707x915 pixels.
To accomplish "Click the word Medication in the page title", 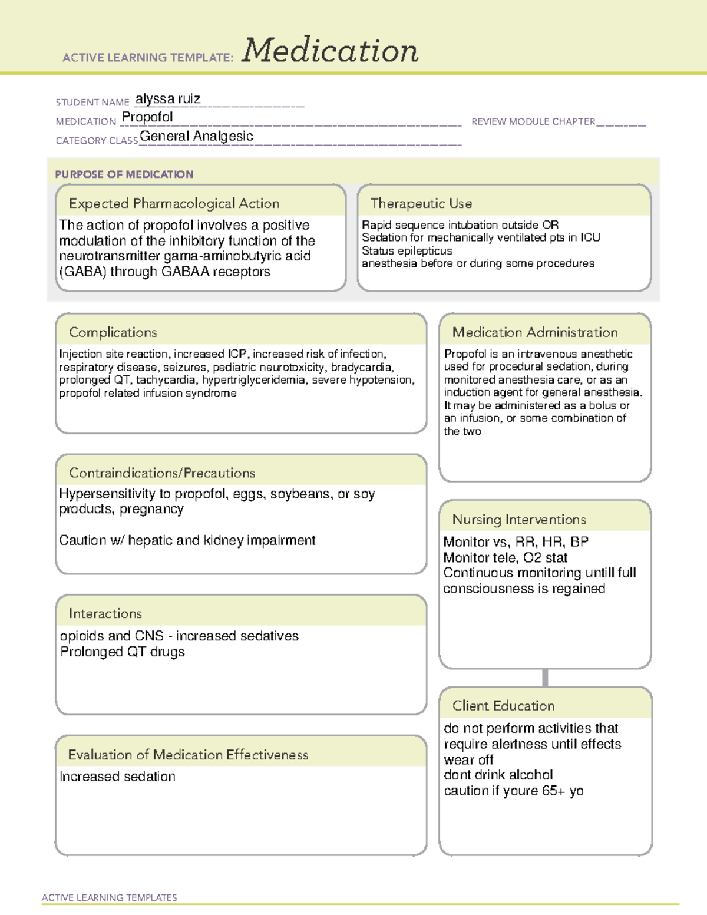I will (330, 51).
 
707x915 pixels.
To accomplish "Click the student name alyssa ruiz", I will (168, 98).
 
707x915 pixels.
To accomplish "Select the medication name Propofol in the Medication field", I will (147, 117).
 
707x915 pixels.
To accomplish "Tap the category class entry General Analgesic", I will (196, 136).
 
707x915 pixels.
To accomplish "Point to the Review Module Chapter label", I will (533, 121).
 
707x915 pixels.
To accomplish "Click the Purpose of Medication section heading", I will (124, 174).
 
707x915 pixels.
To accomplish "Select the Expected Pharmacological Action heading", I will (174, 203).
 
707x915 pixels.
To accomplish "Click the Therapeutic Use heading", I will (421, 203).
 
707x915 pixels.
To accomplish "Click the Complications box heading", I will (113, 332).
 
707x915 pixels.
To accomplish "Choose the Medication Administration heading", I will (534, 332).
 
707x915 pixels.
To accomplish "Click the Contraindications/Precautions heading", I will (161, 473).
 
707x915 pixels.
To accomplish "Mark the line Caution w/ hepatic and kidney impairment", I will (187, 540).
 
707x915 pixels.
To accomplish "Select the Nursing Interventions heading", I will (518, 519).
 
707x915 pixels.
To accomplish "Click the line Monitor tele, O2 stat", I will (505, 557).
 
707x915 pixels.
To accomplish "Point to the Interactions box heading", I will (105, 613).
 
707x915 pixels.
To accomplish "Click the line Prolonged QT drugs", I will (122, 652).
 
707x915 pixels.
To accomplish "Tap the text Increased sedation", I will (117, 777).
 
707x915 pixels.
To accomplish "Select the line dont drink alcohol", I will (498, 775).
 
